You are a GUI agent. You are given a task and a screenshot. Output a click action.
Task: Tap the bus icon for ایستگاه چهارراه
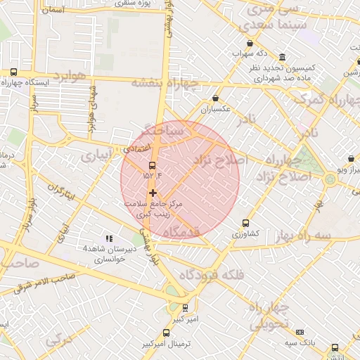[x=13, y=72]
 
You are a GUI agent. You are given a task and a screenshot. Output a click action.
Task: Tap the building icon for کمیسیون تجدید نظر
[x=282, y=57]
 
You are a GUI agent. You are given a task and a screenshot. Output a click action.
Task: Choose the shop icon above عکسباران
[x=215, y=98]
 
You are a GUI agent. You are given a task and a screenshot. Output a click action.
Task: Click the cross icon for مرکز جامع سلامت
[x=153, y=193]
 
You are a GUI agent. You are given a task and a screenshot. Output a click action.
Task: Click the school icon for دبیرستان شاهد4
[x=108, y=239]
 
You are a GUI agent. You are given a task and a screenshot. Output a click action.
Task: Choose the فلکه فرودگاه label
[x=212, y=275]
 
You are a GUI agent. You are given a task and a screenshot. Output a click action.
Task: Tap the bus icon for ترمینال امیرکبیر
[x=166, y=333]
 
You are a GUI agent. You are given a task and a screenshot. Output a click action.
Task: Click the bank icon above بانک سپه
[x=300, y=332]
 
